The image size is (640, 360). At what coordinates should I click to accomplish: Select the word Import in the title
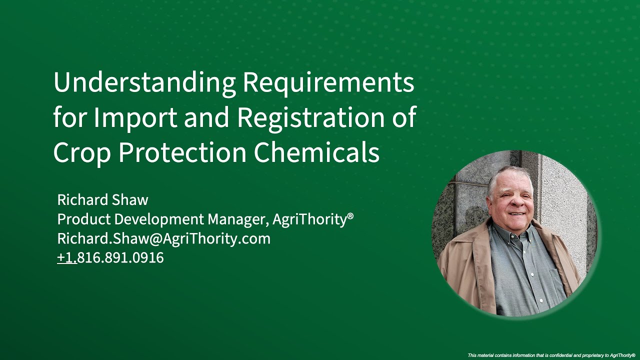coord(135,117)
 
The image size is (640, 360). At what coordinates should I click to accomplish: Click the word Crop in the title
coord(81,152)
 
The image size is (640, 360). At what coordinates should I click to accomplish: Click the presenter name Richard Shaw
coord(102,200)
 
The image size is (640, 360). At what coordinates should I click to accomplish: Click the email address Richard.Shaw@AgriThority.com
coord(163,238)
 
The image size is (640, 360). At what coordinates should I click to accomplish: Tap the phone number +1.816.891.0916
coord(110,258)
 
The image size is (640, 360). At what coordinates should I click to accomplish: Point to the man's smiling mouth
coord(517,213)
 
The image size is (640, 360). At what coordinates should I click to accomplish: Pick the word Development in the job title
coord(160,219)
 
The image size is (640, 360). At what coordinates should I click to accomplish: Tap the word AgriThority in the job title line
coord(309,219)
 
